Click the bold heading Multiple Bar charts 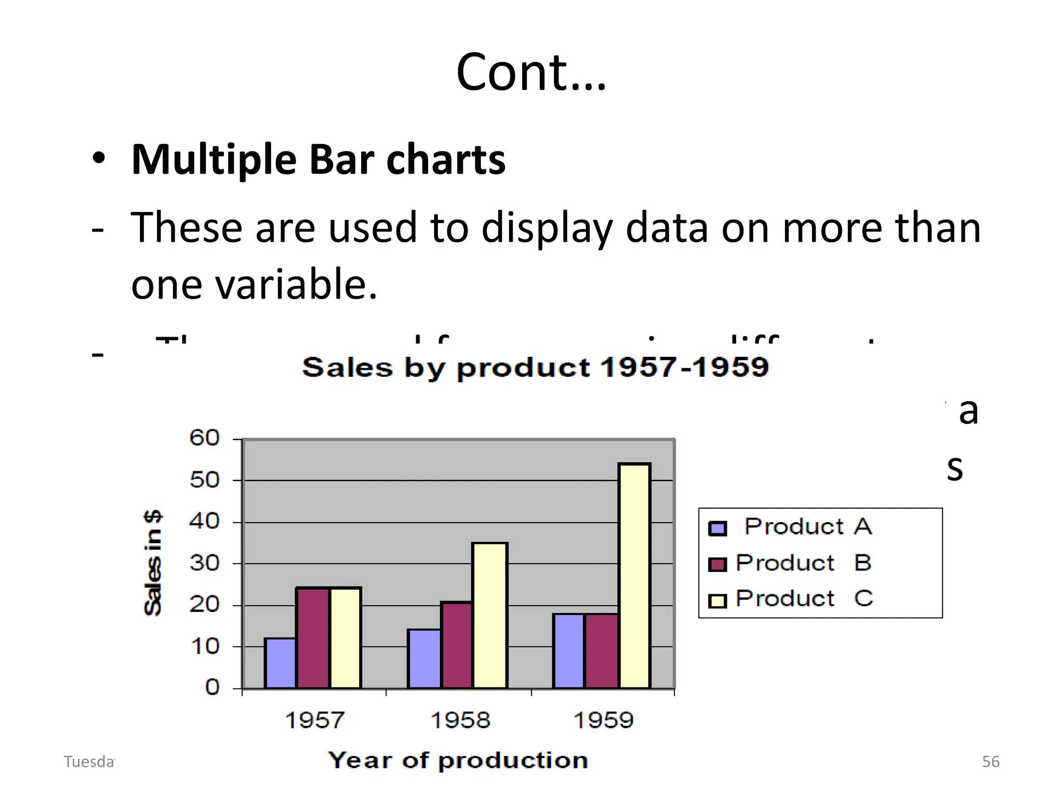(318, 159)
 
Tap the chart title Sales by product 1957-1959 (535, 367)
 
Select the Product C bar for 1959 (634, 576)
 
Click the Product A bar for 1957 (280, 663)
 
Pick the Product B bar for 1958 (457, 645)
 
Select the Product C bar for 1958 (489, 615)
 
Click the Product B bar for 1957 (312, 637)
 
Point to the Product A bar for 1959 (568, 650)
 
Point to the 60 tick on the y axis (205, 438)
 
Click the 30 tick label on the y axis (205, 563)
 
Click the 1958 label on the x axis (460, 720)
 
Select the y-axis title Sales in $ (153, 563)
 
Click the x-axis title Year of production (458, 761)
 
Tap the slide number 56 (990, 762)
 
